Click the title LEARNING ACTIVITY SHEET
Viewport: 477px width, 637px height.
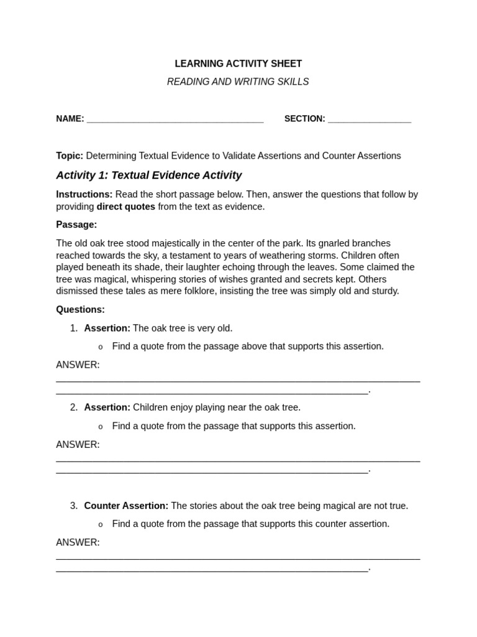click(238, 63)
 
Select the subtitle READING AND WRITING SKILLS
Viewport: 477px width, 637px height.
click(238, 82)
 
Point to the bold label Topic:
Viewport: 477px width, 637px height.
click(70, 156)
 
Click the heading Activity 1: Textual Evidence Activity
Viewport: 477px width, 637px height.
click(148, 175)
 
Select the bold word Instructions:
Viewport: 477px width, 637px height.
click(84, 194)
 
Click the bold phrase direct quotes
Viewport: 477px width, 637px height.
click(125, 207)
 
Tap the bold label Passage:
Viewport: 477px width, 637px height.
click(76, 225)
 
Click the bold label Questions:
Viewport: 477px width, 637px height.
click(80, 309)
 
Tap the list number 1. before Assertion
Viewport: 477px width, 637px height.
click(74, 328)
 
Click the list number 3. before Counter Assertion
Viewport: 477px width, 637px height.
click(74, 506)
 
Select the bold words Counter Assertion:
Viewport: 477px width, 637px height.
click(126, 506)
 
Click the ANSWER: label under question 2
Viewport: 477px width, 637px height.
click(78, 445)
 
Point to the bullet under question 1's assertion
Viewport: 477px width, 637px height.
click(100, 346)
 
